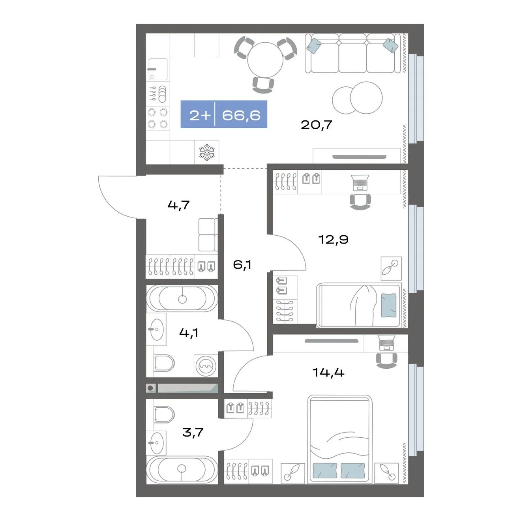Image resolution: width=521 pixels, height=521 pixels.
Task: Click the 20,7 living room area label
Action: pyautogui.click(x=316, y=125)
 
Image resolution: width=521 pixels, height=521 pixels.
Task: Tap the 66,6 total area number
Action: pyautogui.click(x=241, y=115)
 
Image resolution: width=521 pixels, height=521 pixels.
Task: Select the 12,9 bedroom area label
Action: pyautogui.click(x=334, y=240)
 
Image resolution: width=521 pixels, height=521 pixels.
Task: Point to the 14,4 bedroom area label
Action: pyautogui.click(x=328, y=373)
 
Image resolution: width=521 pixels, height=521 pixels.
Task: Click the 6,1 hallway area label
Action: pyautogui.click(x=242, y=265)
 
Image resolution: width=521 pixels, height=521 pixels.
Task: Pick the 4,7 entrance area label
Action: pyautogui.click(x=178, y=205)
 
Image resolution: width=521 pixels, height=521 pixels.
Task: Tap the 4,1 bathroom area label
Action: pyautogui.click(x=188, y=333)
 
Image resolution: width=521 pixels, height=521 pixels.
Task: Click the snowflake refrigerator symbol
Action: pyautogui.click(x=207, y=152)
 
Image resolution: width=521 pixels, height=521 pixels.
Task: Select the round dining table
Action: pyautogui.click(x=265, y=60)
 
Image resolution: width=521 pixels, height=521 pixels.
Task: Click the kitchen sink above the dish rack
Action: pyautogui.click(x=158, y=69)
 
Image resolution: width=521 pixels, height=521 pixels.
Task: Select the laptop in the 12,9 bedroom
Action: pyautogui.click(x=360, y=182)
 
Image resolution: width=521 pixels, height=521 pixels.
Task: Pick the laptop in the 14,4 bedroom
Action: pyautogui.click(x=387, y=343)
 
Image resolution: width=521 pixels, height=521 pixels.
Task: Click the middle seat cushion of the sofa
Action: pyautogui.click(x=352, y=58)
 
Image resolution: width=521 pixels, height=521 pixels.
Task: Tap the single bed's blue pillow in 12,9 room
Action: pyautogui.click(x=388, y=305)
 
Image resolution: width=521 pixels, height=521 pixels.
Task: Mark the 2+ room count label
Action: pyautogui.click(x=200, y=115)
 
